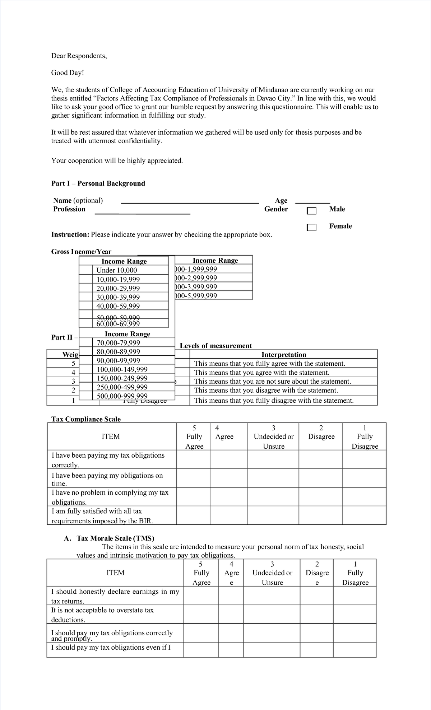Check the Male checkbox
311,211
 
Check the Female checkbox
311,228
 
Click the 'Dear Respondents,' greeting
79,56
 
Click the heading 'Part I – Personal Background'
98,183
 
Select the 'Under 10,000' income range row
116,270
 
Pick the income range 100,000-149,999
122,369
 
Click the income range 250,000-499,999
122,387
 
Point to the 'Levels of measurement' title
215,346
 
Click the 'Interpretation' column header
283,355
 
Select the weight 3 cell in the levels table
73,381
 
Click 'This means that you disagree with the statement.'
266,390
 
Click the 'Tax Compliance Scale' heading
86,419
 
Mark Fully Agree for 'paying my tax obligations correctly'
194,459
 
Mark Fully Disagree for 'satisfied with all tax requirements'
364,515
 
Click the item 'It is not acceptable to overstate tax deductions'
102,615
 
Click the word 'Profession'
69,209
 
